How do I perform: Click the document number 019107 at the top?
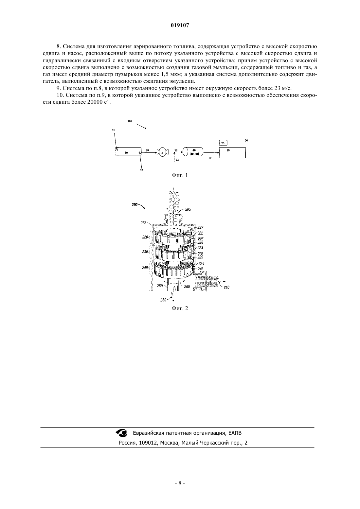coord(180,26)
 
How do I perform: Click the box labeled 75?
coord(223,143)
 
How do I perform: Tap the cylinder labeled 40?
coord(193,151)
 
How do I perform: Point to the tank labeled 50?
coord(128,151)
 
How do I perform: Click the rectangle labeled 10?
coord(232,152)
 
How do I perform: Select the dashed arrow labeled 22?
coord(174,157)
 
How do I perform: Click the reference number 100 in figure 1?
coord(130,121)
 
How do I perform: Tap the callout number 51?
coord(113,130)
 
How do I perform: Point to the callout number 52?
coord(141,170)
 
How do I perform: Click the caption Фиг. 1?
coord(180,175)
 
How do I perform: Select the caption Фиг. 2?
coord(180,308)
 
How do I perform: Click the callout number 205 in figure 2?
coord(188,209)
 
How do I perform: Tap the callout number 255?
coord(143,223)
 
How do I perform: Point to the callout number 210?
coord(226,288)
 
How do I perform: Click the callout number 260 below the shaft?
coord(163,300)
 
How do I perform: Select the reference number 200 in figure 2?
coord(135,205)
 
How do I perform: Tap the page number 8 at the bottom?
coord(180,490)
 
